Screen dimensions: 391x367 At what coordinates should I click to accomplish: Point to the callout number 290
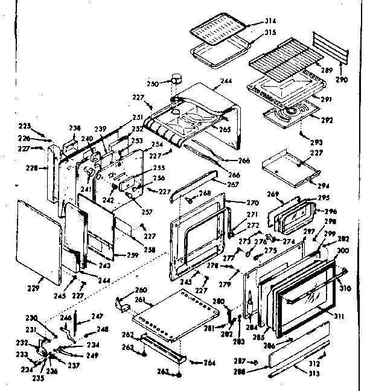tap(343, 79)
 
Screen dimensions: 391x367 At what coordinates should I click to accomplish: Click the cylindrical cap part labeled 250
tap(177, 78)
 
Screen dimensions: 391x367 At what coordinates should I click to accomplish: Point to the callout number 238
tap(74, 128)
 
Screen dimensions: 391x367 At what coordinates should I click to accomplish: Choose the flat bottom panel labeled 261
tap(175, 314)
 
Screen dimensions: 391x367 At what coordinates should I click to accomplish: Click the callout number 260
tap(140, 290)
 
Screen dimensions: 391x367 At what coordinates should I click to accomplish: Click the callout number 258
tap(149, 249)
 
